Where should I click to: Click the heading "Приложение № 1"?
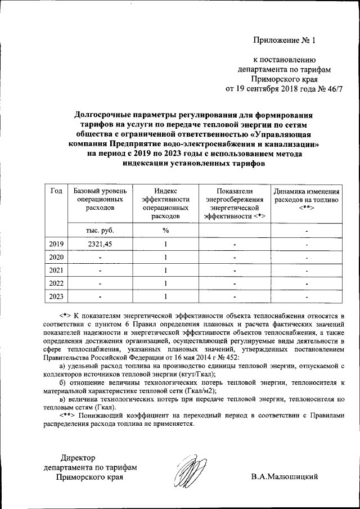[x=285, y=40]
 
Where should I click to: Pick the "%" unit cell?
[x=166, y=230]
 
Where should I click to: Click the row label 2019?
[x=56, y=244]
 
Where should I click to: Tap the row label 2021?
[x=56, y=270]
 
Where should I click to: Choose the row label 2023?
[x=56, y=296]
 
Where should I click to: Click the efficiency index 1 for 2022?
[x=166, y=283]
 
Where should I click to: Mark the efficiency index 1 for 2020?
[x=166, y=257]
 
